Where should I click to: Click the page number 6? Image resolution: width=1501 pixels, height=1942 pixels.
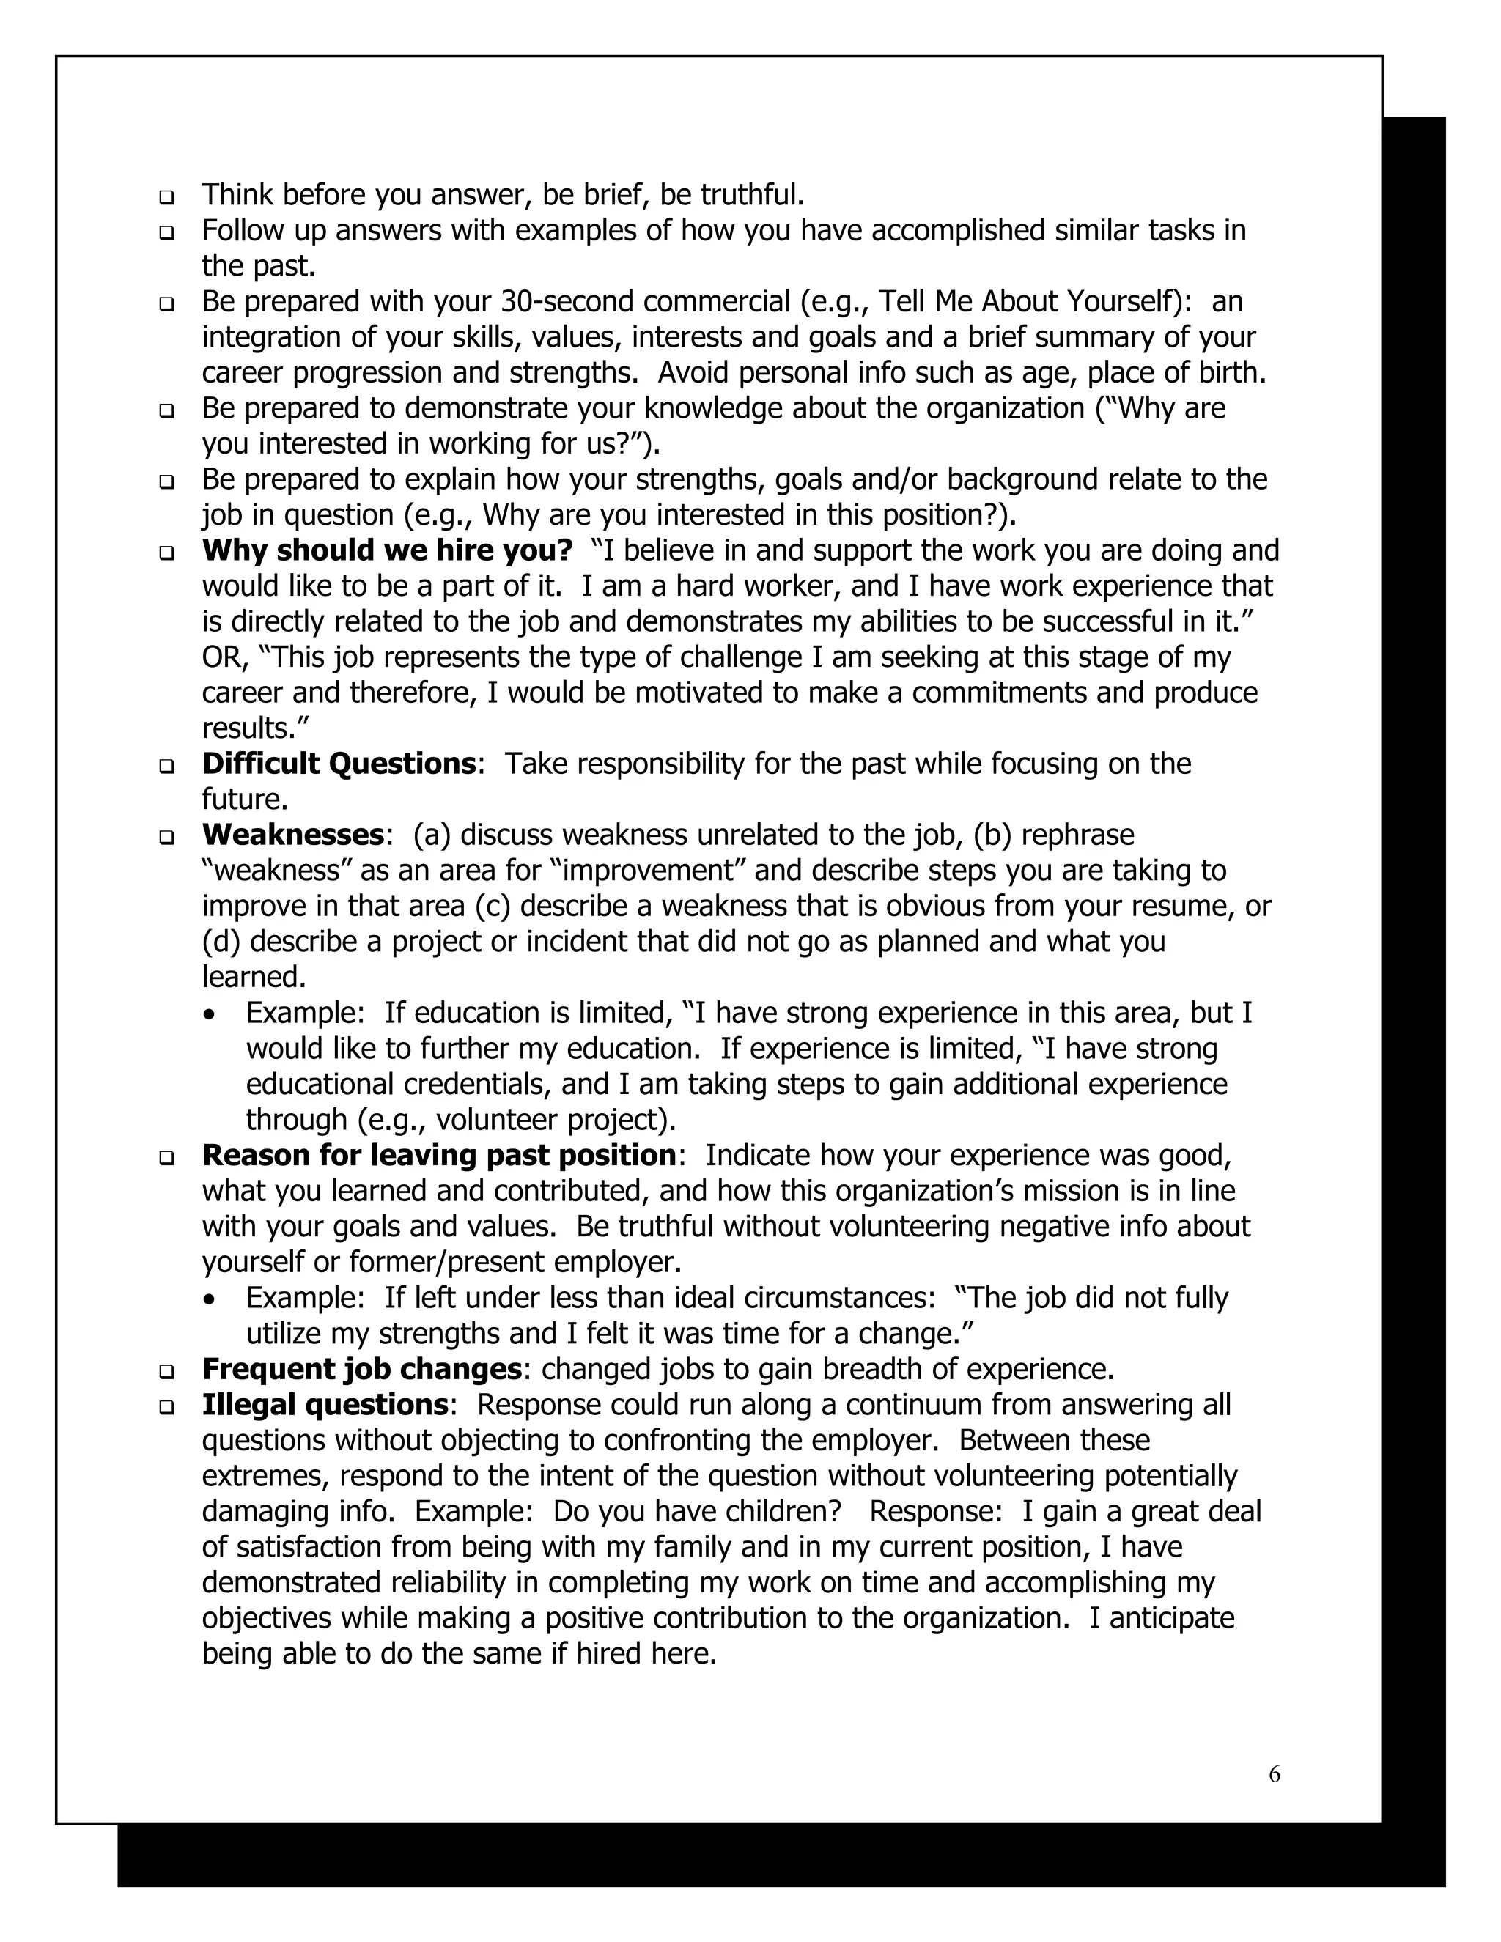(1275, 1774)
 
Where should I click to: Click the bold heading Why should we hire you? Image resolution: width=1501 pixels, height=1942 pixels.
(387, 550)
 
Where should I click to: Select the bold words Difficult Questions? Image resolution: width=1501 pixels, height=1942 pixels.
(339, 764)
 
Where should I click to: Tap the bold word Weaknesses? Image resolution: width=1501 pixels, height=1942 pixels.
(292, 835)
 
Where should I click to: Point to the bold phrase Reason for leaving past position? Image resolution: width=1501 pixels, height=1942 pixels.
(439, 1155)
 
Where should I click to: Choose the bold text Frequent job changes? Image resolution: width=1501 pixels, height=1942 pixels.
(361, 1368)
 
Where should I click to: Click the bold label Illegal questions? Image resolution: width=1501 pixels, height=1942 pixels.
(325, 1404)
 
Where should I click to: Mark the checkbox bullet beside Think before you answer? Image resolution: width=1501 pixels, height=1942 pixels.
(166, 196)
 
